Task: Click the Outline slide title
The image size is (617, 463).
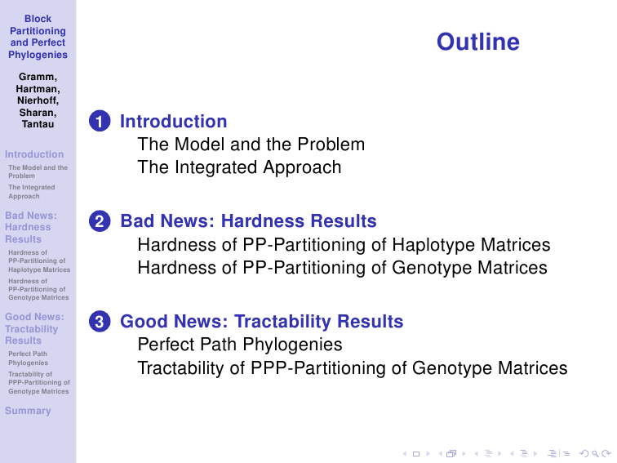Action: (478, 42)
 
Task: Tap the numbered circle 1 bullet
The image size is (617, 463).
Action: (100, 121)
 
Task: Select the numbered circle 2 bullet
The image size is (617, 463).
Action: (100, 220)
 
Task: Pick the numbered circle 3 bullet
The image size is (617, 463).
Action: (100, 321)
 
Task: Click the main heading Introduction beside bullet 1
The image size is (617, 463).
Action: (174, 121)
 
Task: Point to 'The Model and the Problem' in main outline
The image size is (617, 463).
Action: (251, 145)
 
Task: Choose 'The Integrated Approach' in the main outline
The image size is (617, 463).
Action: (239, 167)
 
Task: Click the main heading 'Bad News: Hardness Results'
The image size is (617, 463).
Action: (248, 220)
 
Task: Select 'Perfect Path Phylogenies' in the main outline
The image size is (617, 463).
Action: (240, 345)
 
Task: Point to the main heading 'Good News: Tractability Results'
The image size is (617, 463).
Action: (262, 321)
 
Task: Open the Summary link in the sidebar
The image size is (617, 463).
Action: (28, 411)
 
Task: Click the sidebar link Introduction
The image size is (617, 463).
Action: (34, 154)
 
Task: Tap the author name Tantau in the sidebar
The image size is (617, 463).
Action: (38, 124)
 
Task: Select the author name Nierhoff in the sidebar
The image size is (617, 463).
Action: (38, 100)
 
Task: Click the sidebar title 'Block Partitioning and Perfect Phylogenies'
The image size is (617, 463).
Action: (38, 37)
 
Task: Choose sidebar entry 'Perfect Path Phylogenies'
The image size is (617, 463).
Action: (28, 358)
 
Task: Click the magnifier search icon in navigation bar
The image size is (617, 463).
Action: (595, 454)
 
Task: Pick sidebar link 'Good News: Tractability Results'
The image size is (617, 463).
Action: (34, 329)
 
